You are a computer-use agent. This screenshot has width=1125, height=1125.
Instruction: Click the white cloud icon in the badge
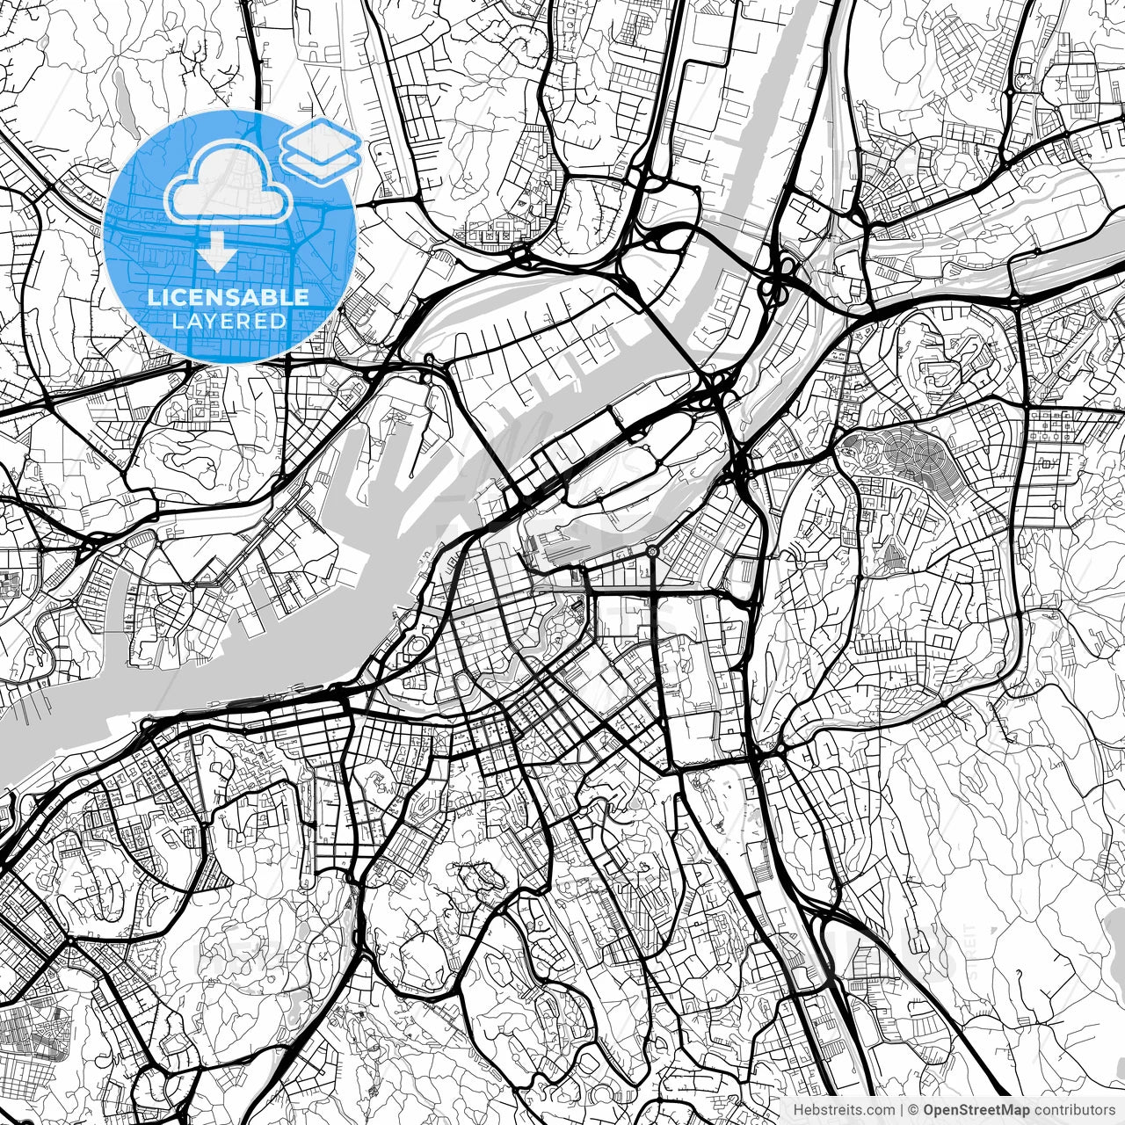(229, 185)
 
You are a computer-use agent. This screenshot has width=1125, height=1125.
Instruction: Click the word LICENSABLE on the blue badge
(229, 297)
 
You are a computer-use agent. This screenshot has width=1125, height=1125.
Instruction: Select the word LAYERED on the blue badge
(229, 321)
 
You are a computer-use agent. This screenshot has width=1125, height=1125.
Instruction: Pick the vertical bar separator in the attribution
(903, 1109)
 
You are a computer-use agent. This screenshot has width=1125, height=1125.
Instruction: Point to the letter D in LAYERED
(280, 321)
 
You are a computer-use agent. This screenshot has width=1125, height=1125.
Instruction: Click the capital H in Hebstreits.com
(798, 1109)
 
